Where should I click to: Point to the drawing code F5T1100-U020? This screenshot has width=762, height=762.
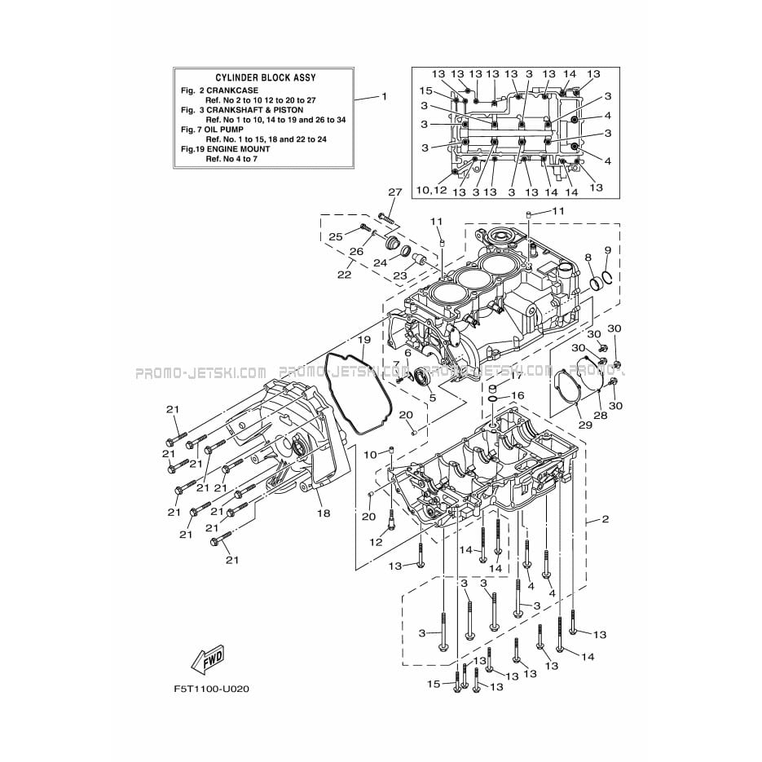tap(211, 689)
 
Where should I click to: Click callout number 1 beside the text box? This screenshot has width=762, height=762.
tap(385, 96)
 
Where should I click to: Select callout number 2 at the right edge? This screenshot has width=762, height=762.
tap(605, 519)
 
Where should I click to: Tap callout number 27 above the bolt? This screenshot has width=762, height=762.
tap(394, 193)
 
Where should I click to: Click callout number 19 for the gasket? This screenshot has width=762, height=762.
tap(363, 339)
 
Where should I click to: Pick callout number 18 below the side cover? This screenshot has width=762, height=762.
tap(324, 513)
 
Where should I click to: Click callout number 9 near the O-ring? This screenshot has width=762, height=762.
tap(607, 250)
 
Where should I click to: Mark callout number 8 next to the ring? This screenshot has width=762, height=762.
tap(588, 258)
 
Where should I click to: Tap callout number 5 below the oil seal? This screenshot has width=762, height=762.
tap(432, 398)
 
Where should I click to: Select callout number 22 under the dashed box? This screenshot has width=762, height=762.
tap(344, 275)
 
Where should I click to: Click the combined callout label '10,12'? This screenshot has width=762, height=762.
tap(431, 191)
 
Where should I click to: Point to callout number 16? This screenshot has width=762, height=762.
tap(518, 395)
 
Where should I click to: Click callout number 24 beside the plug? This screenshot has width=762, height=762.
tap(380, 262)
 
